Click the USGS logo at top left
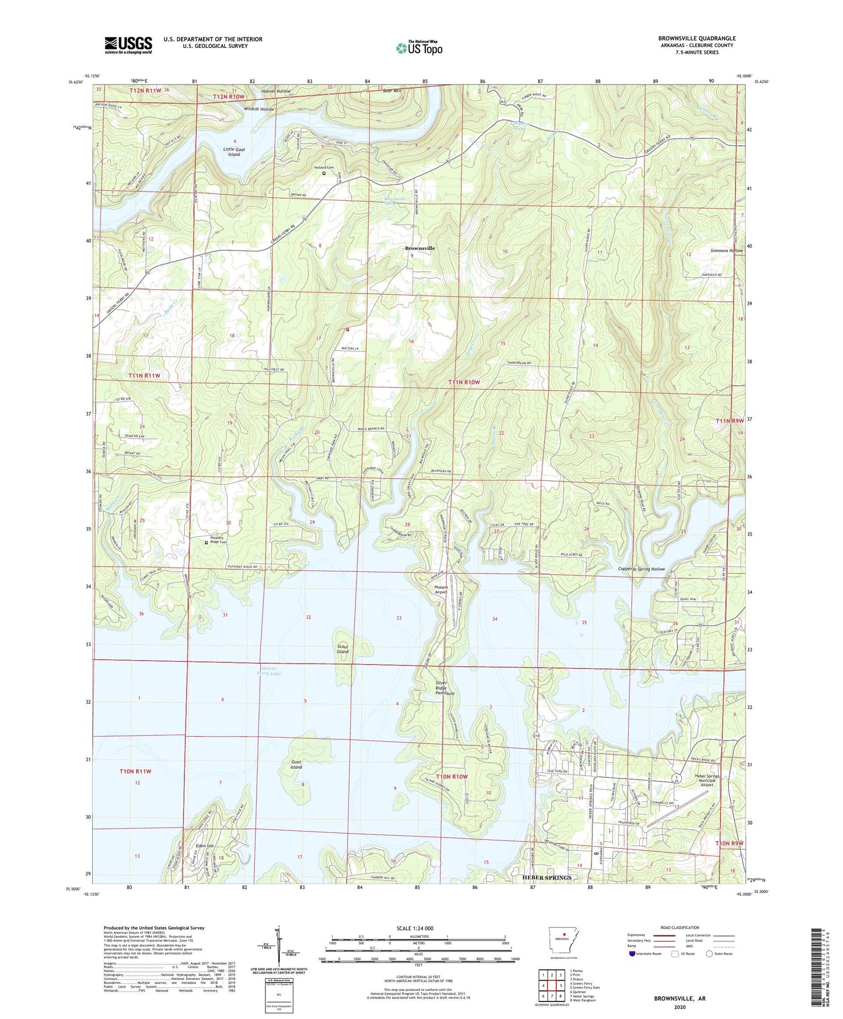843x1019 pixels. (x=128, y=45)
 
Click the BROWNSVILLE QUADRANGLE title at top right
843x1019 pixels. (x=697, y=39)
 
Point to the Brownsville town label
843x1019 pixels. (x=420, y=248)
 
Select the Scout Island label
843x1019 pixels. (x=342, y=649)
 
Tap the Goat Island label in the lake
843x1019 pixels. (x=296, y=764)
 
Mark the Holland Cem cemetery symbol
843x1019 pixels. (x=324, y=173)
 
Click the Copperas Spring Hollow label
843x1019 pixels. (x=641, y=569)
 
